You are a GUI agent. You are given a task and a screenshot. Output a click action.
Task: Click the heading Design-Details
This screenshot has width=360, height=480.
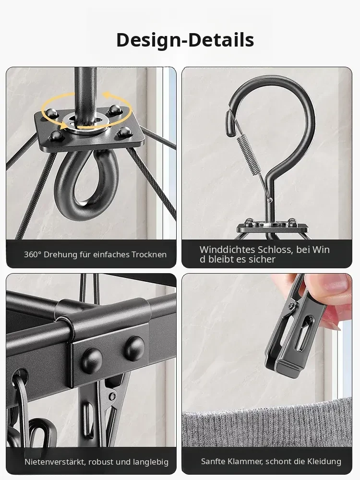click(x=185, y=40)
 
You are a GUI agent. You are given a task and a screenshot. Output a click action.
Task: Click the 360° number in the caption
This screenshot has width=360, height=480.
click(x=33, y=255)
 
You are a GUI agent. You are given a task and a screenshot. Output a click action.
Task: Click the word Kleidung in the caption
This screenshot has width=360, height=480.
click(x=324, y=461)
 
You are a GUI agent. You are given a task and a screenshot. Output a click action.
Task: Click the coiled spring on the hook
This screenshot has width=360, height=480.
click(x=249, y=155)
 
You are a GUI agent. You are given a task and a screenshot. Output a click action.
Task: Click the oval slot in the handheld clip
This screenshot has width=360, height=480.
click(x=302, y=333)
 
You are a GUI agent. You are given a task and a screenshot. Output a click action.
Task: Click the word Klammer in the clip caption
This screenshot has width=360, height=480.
click(x=245, y=461)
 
